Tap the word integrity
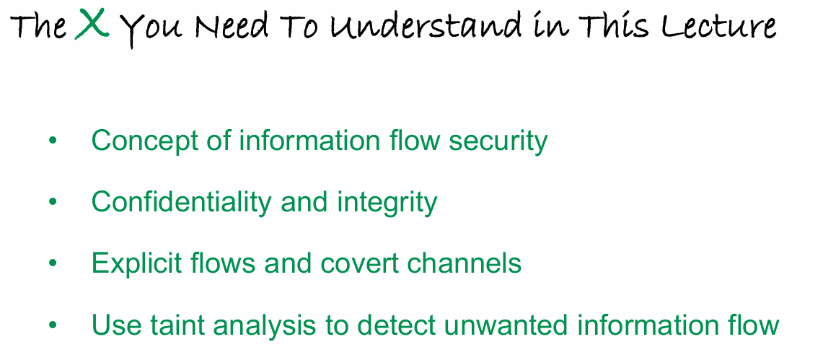click(x=387, y=202)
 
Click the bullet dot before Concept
click(x=52, y=140)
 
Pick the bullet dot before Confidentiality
click(x=52, y=202)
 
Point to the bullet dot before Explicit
click(x=52, y=263)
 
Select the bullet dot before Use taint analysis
click(x=52, y=325)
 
